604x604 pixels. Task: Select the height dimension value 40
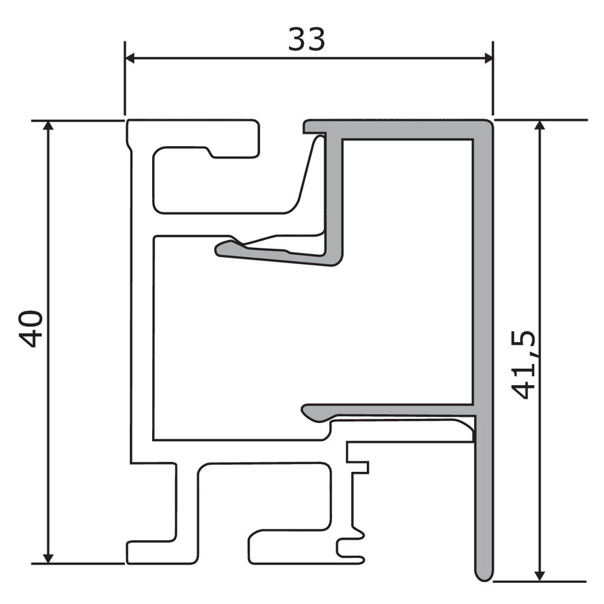tap(31, 329)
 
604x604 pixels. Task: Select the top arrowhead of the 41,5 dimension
tap(539, 126)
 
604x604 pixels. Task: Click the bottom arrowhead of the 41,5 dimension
tap(539, 575)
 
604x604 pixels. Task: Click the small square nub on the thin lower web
tap(361, 467)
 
